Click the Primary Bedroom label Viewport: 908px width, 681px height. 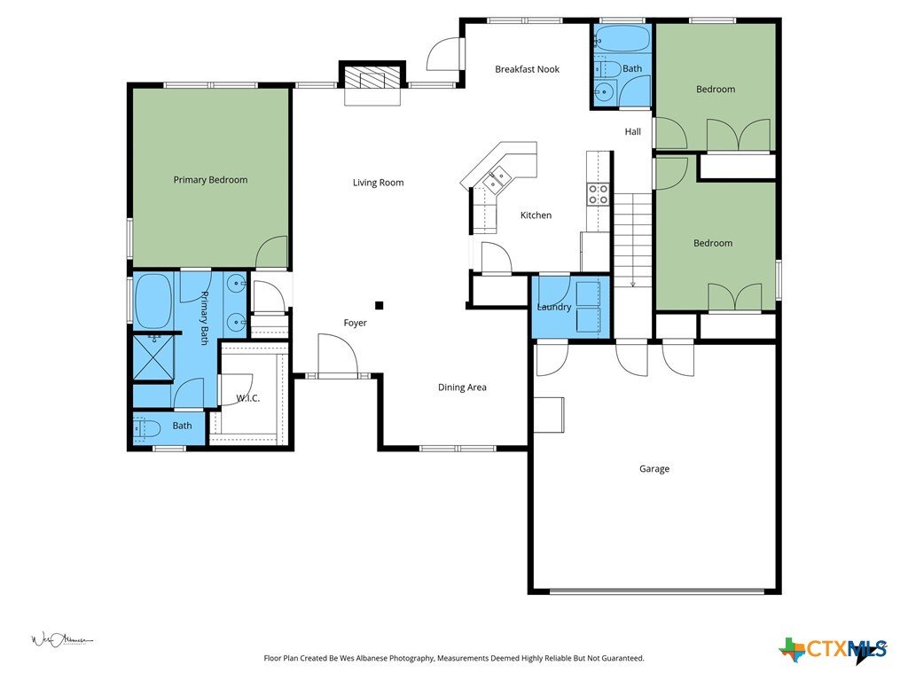(x=210, y=180)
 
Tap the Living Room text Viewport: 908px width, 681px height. (x=378, y=183)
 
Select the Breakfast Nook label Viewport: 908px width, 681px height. (x=527, y=69)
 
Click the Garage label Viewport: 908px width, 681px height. (x=654, y=469)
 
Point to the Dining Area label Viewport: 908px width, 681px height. (x=462, y=387)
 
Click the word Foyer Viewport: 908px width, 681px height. (x=355, y=323)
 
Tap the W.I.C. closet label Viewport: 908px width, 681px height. (x=248, y=398)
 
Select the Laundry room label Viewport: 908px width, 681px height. (x=554, y=307)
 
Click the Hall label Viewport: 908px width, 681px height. (x=633, y=132)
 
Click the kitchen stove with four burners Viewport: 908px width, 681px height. (x=599, y=194)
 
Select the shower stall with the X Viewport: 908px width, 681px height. (x=153, y=357)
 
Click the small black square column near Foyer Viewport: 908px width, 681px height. (x=380, y=306)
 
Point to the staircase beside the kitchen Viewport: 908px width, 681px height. (x=633, y=240)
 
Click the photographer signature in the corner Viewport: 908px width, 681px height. (x=62, y=640)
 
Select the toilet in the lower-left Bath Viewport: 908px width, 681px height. (x=146, y=428)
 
